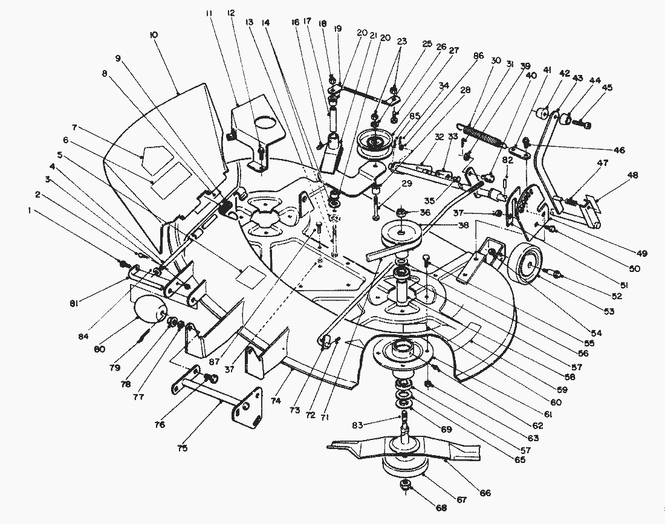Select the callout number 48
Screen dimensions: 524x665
632,175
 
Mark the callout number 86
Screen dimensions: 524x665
479,56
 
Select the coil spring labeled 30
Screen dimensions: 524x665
481,135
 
